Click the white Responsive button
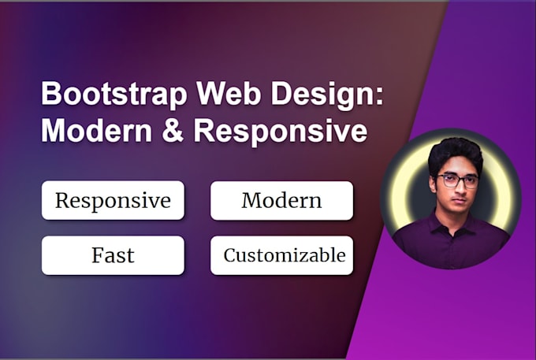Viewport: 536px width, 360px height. pyautogui.click(x=113, y=200)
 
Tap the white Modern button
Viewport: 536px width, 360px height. pyautogui.click(x=281, y=200)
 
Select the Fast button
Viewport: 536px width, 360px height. pyautogui.click(x=113, y=255)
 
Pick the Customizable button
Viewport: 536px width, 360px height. pyautogui.click(x=281, y=255)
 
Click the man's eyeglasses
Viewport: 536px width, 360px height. pyautogui.click(x=457, y=181)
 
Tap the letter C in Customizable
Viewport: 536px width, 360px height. pyautogui.click(x=229, y=255)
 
